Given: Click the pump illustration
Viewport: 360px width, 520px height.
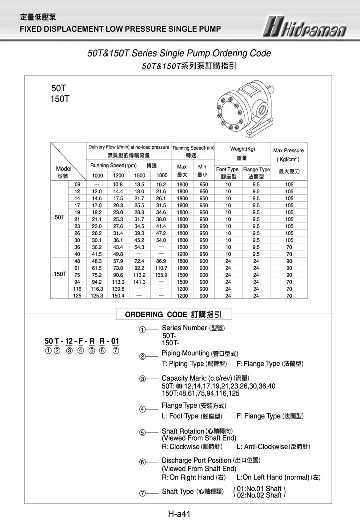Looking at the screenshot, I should tap(245, 110).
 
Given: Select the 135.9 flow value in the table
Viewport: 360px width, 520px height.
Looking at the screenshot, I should tap(161, 275).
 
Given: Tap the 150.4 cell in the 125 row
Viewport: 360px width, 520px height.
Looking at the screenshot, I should tap(118, 296).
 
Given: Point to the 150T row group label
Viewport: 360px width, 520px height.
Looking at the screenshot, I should tap(60, 274).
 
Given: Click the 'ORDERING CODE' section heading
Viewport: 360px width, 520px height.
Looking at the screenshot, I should tap(174, 315).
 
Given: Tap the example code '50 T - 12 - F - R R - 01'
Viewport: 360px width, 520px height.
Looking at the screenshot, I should tap(82, 341).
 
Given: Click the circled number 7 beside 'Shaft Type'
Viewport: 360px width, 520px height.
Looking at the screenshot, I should tap(142, 493).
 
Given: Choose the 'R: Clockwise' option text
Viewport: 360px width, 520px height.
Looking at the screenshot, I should tap(192, 447).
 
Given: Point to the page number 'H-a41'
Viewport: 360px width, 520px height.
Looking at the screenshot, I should tap(180, 513).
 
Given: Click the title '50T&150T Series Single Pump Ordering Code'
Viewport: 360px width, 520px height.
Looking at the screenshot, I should tap(179, 54).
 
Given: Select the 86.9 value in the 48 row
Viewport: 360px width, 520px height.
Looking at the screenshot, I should tap(161, 261).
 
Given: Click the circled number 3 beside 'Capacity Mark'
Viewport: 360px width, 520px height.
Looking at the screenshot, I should tap(142, 379).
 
